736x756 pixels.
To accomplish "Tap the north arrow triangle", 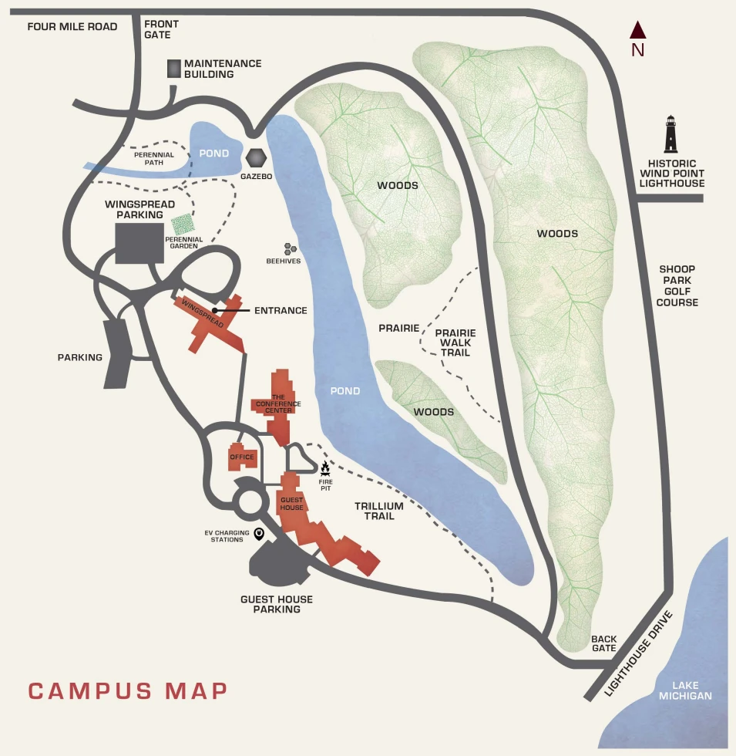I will (637, 31).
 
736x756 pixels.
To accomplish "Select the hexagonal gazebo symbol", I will (257, 159).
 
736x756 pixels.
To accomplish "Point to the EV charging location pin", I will (259, 533).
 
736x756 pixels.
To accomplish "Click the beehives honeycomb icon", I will (291, 249).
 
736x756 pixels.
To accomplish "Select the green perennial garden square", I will (183, 224).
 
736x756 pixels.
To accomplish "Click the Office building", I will (241, 457).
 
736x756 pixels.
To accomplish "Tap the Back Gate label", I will (603, 643).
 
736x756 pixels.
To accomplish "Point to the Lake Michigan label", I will (691, 690).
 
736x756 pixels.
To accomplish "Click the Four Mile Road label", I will (72, 27).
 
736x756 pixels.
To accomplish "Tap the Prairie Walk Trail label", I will (455, 343).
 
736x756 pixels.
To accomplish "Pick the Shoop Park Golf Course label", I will (677, 286).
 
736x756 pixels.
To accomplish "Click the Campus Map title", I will (128, 690).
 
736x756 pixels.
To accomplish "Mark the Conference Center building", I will (279, 403).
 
